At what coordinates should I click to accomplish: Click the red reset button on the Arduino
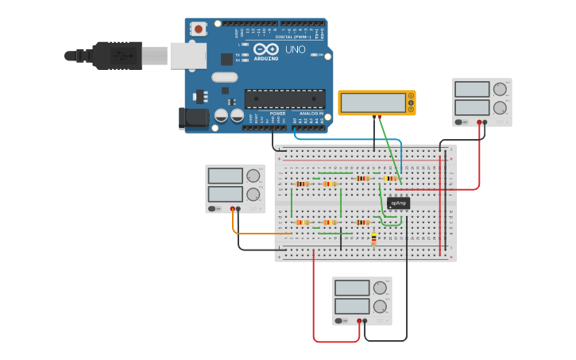198,29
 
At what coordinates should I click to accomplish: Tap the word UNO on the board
295,50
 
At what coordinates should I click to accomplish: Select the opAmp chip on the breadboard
398,203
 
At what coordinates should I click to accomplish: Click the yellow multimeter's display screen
373,103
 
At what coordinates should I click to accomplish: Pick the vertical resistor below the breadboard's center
373,238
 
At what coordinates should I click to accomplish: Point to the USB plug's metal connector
156,56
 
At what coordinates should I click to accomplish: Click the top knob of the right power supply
500,89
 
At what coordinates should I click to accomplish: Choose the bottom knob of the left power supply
253,194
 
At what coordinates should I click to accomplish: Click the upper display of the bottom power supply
352,287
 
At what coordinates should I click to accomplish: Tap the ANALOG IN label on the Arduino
311,114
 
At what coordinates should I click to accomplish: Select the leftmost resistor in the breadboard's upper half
302,184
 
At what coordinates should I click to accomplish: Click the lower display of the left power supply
225,194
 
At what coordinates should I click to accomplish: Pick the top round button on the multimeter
411,96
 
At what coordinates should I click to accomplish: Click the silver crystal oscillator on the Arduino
224,77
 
